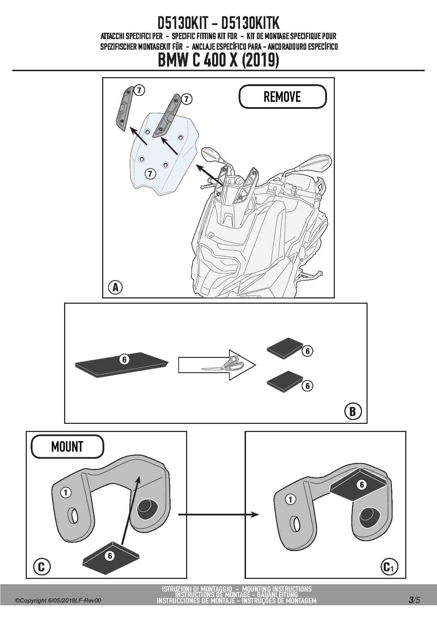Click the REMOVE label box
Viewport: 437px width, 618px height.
pyautogui.click(x=283, y=97)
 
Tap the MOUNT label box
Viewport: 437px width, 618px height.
pyautogui.click(x=67, y=446)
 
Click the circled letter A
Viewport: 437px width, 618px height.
pyautogui.click(x=115, y=287)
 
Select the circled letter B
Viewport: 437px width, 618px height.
pyautogui.click(x=353, y=411)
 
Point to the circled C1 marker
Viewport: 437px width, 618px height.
pyautogui.click(x=389, y=567)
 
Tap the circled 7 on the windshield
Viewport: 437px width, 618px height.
pyautogui.click(x=150, y=173)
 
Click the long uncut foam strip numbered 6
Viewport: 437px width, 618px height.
pyautogui.click(x=122, y=365)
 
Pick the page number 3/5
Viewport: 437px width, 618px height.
pyautogui.click(x=414, y=600)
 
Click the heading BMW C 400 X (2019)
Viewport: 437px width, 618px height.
pyautogui.click(x=218, y=61)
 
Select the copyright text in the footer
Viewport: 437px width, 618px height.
pyautogui.click(x=58, y=600)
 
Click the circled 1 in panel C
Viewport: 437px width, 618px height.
pyautogui.click(x=66, y=492)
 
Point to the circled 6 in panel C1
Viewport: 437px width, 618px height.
pyautogui.click(x=362, y=485)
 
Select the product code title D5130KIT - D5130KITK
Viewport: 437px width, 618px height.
pyautogui.click(x=218, y=23)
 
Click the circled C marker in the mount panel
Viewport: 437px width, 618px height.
pyautogui.click(x=41, y=567)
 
